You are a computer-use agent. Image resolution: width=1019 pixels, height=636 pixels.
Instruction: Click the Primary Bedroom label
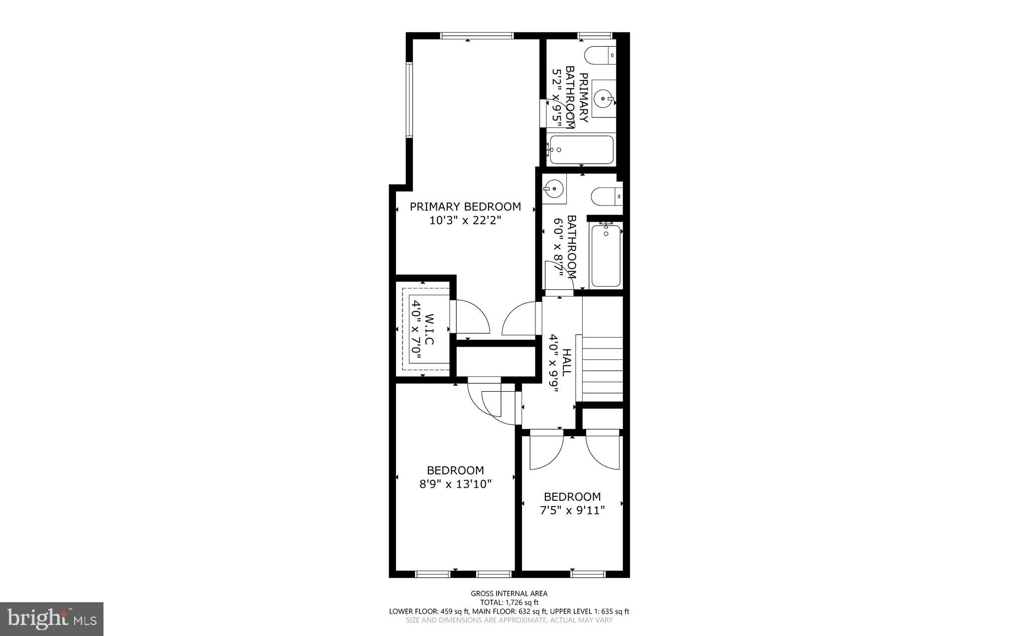465,207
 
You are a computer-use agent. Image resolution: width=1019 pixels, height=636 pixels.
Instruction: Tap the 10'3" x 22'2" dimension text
465,220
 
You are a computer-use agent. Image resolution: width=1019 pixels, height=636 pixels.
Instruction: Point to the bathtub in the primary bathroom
580,149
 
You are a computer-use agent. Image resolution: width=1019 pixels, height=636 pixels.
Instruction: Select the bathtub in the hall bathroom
606,256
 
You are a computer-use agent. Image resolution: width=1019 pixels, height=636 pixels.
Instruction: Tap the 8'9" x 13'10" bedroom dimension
455,484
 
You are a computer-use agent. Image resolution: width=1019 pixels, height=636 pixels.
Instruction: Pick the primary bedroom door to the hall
519,320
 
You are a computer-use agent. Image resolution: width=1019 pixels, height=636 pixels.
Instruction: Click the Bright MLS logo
52,619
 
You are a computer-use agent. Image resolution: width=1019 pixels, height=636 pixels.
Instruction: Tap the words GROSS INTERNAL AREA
509,593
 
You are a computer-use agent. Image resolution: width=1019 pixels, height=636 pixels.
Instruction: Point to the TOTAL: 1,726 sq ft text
509,602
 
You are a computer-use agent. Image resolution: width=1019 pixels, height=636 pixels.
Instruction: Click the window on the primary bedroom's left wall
409,100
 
